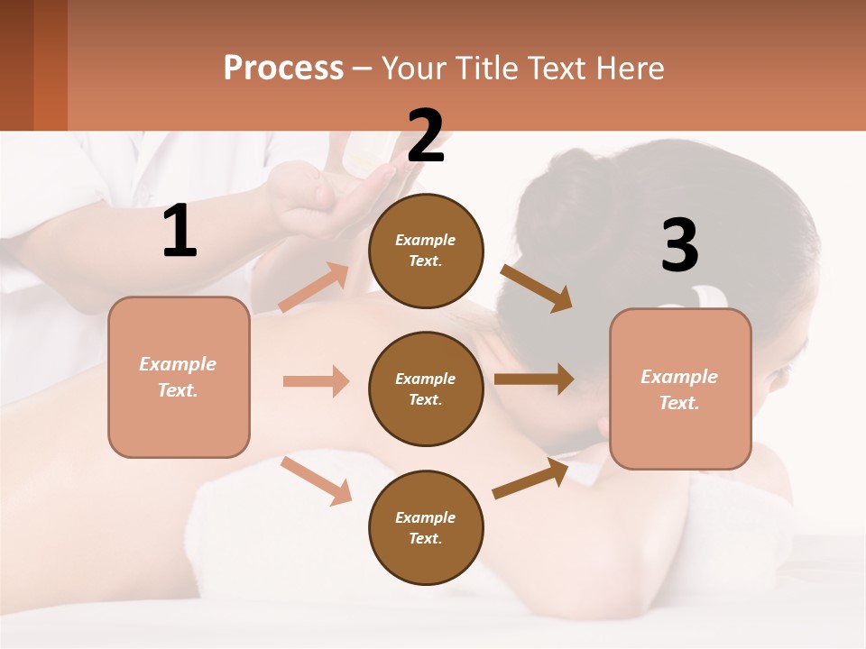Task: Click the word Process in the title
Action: click(x=283, y=69)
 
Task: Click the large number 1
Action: click(x=180, y=232)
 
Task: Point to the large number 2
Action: click(x=426, y=136)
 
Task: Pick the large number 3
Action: click(x=679, y=245)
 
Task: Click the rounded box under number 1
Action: click(x=179, y=377)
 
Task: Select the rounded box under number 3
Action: click(x=680, y=388)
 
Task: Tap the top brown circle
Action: click(x=426, y=251)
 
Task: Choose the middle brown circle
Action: click(x=426, y=388)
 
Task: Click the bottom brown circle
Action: click(x=426, y=527)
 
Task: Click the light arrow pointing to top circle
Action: click(x=314, y=288)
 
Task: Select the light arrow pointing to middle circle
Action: click(x=316, y=381)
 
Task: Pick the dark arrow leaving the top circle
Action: click(x=536, y=288)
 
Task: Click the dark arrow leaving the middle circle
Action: click(x=534, y=379)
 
